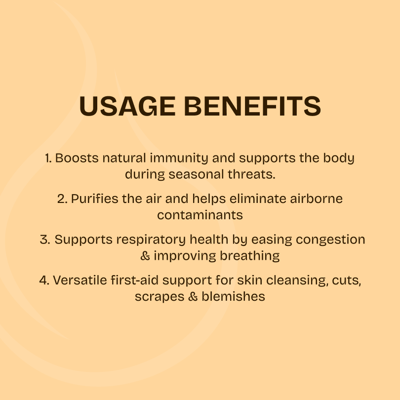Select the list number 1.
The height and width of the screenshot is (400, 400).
[48, 159]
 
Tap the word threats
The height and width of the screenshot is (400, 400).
[253, 174]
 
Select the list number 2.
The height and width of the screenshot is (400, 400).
[62, 199]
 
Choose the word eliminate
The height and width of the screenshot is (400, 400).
[262, 199]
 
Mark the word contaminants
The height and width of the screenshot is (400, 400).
[200, 215]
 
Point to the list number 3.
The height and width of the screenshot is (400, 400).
[44, 240]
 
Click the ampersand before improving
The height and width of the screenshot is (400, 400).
[145, 256]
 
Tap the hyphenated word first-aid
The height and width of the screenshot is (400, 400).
[131, 280]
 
